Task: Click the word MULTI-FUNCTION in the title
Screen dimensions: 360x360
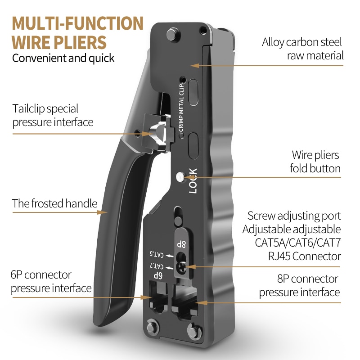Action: [x=77, y=23]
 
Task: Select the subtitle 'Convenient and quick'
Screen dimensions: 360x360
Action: [x=63, y=58]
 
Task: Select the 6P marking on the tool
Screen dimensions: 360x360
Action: [x=157, y=274]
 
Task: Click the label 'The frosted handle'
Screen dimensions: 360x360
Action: [x=54, y=203]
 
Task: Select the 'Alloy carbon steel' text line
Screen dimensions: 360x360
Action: [x=302, y=43]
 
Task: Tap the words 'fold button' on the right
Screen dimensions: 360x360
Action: [x=315, y=169]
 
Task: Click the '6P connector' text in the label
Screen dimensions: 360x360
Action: [x=41, y=274]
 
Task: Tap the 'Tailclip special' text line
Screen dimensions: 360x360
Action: [x=45, y=108]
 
